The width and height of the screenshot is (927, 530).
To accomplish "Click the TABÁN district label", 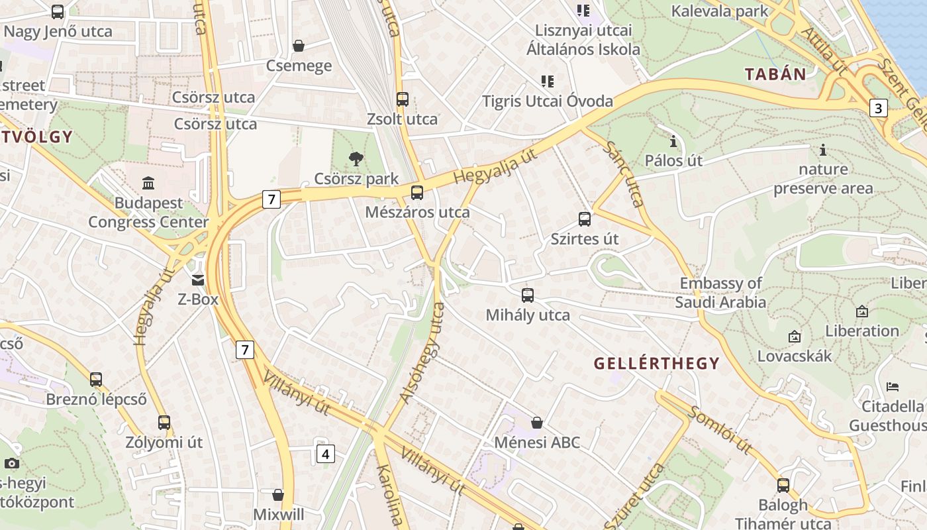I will coord(775,74).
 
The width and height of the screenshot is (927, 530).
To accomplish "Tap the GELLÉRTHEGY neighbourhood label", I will coord(656,363).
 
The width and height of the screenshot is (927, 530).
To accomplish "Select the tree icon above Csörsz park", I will coord(356,159).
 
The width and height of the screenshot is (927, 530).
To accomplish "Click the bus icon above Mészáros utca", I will coord(416,193).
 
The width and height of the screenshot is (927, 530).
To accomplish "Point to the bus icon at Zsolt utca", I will coord(402,99).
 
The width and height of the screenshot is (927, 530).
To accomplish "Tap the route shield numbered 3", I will coord(878,108).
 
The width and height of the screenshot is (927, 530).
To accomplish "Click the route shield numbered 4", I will coord(324,454).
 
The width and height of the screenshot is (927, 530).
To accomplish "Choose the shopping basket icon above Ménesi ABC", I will coord(537,423).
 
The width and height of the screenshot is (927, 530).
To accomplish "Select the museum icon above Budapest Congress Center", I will coord(148,183).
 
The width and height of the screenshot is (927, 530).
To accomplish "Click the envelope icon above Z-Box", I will coord(198,280).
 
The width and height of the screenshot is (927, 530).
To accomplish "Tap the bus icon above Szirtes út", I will coord(584,219).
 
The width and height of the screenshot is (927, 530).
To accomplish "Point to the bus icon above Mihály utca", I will coord(527,295).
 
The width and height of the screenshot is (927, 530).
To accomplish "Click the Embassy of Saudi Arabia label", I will coord(720,293).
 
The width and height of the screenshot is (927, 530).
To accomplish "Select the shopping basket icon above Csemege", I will coord(299,46).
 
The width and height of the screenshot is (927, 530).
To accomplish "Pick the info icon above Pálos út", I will coord(673,141).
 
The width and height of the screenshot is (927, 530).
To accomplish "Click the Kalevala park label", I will coord(720,11).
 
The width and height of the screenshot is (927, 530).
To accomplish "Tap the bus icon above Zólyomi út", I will coord(164,422).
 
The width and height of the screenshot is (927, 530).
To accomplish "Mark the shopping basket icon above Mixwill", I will coord(278,495).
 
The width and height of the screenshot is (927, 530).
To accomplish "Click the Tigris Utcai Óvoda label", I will coord(547,101).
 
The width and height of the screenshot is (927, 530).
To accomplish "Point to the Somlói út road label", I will coord(720,431).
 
